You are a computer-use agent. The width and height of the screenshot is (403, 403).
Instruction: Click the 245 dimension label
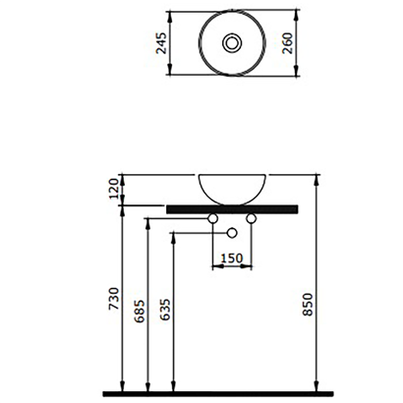(161, 43)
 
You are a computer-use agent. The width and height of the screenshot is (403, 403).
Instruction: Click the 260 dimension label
(287, 43)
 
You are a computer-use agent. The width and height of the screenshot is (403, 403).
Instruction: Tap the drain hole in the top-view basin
(232, 43)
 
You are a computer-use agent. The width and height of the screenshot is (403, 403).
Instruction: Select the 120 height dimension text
(114, 189)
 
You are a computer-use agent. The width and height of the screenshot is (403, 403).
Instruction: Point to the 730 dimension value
(114, 299)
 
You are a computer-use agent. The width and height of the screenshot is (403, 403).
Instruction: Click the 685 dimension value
(140, 311)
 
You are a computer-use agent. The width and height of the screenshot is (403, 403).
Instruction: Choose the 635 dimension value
(165, 310)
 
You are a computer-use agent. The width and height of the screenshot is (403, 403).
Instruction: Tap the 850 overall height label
(308, 305)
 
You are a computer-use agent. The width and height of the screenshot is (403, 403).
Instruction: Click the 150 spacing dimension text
(232, 259)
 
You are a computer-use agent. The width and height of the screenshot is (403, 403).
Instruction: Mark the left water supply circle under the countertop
(213, 218)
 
